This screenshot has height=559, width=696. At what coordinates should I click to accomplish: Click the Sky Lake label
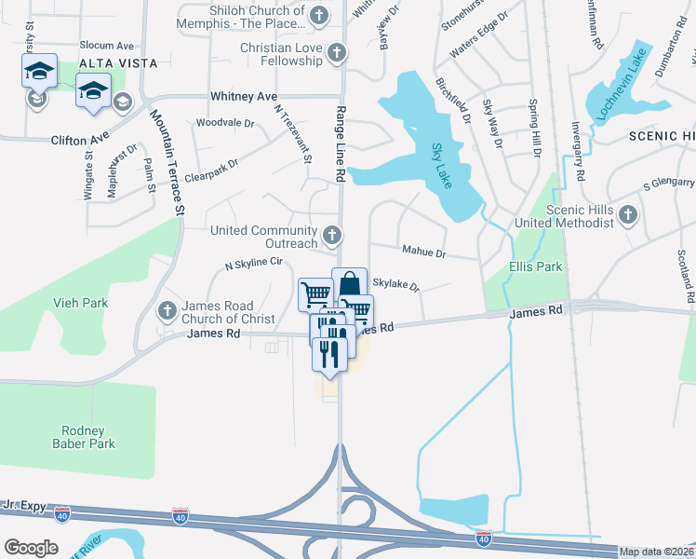tap(442, 165)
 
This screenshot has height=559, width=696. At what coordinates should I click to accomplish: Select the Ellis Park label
tap(536, 266)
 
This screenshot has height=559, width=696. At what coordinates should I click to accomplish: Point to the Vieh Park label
tap(80, 303)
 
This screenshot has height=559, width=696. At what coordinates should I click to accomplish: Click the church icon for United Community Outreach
tap(332, 233)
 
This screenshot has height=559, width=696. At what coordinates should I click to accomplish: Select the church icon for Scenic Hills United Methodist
tap(628, 216)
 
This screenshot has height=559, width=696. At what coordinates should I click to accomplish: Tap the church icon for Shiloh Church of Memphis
tap(320, 14)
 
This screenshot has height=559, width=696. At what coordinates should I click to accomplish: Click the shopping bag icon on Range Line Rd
tap(349, 283)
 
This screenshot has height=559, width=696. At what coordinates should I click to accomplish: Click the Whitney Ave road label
tap(244, 96)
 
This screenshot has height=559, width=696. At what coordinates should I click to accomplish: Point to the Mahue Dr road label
tap(423, 252)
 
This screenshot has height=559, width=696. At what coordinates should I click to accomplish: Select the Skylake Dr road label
tap(395, 284)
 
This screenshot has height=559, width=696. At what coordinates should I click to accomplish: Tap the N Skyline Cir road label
tap(253, 263)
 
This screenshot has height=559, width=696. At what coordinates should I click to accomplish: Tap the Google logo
tap(31, 548)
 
